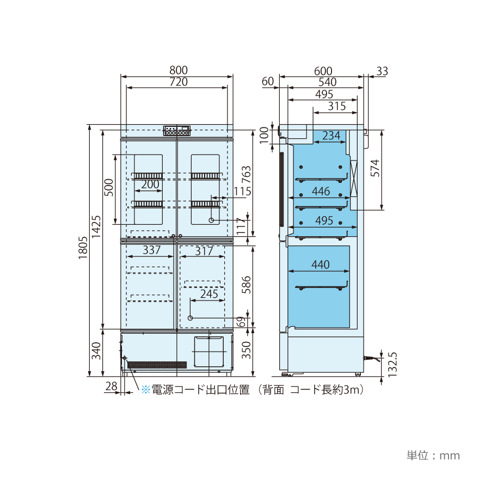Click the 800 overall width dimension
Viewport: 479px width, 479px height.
click(x=179, y=70)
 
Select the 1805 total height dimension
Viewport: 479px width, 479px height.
click(x=83, y=248)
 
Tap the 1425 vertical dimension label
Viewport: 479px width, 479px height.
click(x=96, y=226)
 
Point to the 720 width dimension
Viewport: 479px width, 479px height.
click(x=179, y=82)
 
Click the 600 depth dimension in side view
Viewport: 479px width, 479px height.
click(x=323, y=71)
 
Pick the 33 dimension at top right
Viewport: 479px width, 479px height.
click(x=382, y=71)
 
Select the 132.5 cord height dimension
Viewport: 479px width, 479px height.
click(x=392, y=365)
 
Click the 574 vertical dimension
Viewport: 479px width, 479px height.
click(x=375, y=168)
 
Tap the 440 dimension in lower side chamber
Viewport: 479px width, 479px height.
click(x=321, y=265)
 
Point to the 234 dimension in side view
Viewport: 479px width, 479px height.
click(x=331, y=136)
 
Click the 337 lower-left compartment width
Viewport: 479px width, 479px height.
click(x=151, y=250)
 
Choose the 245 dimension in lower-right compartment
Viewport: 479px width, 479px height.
click(x=209, y=294)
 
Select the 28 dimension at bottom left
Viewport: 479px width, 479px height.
click(x=111, y=386)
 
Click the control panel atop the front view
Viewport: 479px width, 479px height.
click(x=176, y=131)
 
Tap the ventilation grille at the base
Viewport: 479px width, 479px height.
click(x=157, y=365)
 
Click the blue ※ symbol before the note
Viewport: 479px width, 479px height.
click(x=146, y=390)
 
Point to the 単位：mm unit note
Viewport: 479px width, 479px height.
click(x=433, y=456)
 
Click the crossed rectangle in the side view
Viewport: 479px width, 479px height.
click(x=354, y=179)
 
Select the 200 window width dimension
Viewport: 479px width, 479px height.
click(x=150, y=184)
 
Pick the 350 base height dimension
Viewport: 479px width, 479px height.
click(x=246, y=350)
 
